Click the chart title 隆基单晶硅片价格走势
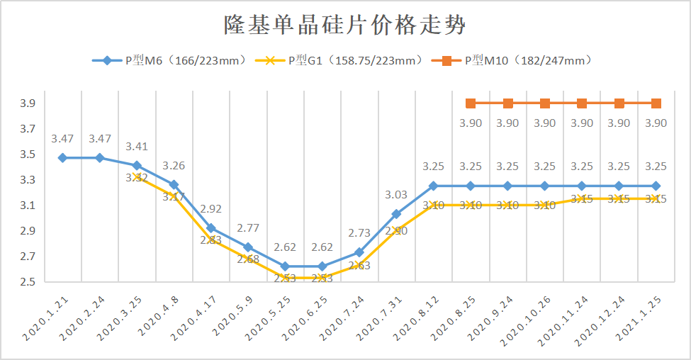coord(345,26)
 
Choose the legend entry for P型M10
coord(513,61)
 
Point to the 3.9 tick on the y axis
coord(28,103)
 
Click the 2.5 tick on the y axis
coord(28,282)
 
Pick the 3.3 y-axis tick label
coord(28,180)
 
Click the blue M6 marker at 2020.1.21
coord(63,158)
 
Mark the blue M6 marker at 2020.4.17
coord(211,228)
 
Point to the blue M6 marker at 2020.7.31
coord(396,214)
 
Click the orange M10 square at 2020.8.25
coord(471,103)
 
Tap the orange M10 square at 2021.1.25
coord(656,103)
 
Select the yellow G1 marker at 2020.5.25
coord(285,278)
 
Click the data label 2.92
coord(211,209)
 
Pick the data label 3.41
coord(137,147)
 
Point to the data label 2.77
coord(248,228)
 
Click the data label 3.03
coord(396,194)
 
